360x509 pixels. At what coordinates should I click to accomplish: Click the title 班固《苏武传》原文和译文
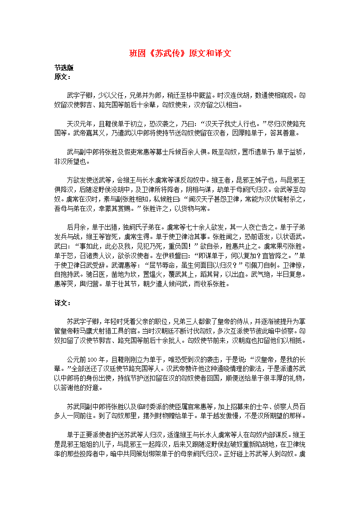tap(180, 53)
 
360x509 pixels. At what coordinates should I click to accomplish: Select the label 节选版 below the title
tap(64, 68)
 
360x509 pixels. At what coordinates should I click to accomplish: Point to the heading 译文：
tap(63, 303)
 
